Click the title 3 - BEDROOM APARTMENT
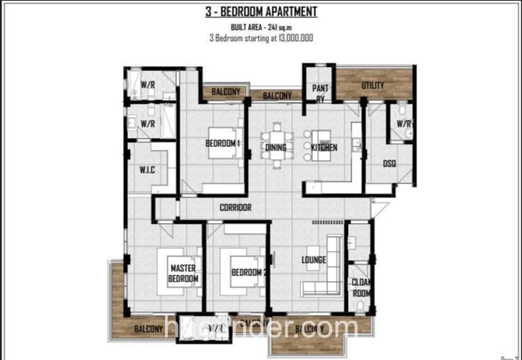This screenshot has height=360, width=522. coord(261,11)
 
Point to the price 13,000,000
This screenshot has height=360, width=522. coord(291,38)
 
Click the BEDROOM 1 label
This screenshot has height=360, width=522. coord(222,143)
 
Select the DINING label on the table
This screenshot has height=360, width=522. coord(275,148)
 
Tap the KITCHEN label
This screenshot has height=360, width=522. coord(324,148)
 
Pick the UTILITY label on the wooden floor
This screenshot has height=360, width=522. coord(373,86)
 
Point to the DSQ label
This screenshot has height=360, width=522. coord(389,163)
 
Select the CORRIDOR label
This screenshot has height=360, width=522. coord(235,208)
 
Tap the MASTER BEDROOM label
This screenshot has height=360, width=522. coord(183,273)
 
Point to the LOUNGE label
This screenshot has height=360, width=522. coord(314,260)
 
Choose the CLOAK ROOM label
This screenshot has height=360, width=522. coord(361,287)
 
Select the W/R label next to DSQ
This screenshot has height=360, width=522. coord(404,124)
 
